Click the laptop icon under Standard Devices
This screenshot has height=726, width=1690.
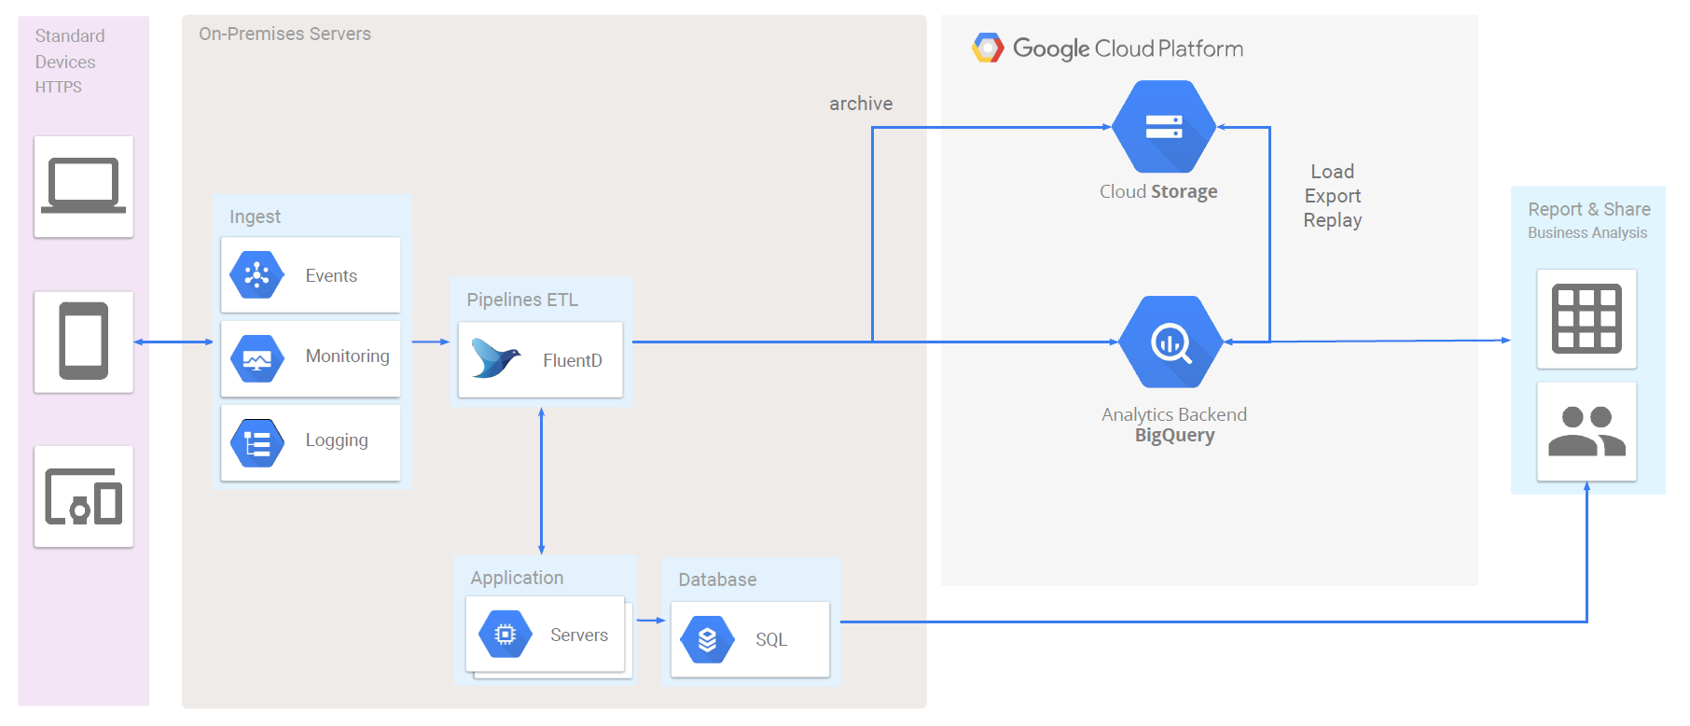[x=83, y=186]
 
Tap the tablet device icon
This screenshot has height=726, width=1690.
[x=84, y=341]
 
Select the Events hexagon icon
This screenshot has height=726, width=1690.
[x=256, y=274]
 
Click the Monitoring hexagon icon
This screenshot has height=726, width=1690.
[x=256, y=358]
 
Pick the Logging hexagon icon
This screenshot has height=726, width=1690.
[x=256, y=442]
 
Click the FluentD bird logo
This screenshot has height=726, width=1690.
[x=495, y=358]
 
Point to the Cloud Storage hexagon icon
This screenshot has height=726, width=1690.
[x=1164, y=127]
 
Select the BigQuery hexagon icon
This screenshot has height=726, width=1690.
[x=1171, y=342]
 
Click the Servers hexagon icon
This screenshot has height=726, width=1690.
[x=506, y=635]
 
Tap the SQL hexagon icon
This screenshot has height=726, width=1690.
[x=708, y=639]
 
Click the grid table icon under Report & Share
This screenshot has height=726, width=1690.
[x=1586, y=319]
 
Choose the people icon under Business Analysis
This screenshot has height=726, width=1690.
[x=1586, y=431]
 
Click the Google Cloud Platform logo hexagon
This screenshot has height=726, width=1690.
[x=988, y=48]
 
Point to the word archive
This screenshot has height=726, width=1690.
[x=861, y=104]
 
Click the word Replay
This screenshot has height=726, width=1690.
[x=1333, y=221]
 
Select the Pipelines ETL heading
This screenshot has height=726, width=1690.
[x=522, y=300]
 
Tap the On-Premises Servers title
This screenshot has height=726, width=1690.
[x=284, y=34]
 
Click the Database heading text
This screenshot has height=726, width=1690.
[x=717, y=579]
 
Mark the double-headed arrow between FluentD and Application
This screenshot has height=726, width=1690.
[x=541, y=482]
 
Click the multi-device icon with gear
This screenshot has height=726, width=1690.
[x=84, y=496]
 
